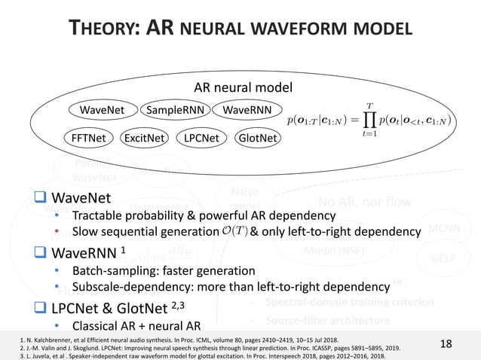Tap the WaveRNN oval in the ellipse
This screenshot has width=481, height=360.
pyautogui.click(x=247, y=111)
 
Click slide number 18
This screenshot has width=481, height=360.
pyautogui.click(x=446, y=344)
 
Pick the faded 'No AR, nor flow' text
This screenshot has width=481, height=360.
pyautogui.click(x=364, y=201)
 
